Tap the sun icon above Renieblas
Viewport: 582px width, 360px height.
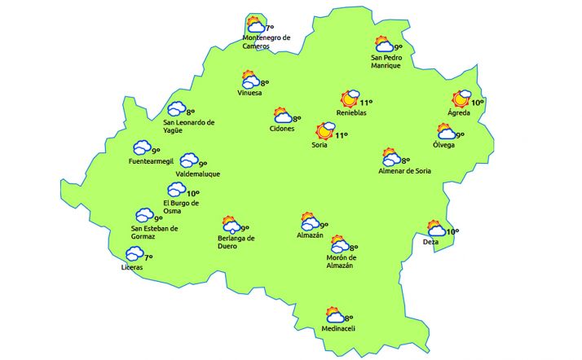pyautogui.click(x=351, y=99)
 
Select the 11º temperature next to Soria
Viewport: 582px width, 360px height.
pyautogui.click(x=341, y=135)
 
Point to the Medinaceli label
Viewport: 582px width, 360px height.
pyautogui.click(x=338, y=328)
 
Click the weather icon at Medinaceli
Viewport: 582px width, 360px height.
pyautogui.click(x=334, y=316)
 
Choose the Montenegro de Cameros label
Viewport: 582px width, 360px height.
pyautogui.click(x=267, y=42)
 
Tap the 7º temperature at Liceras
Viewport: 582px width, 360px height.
pyautogui.click(x=148, y=257)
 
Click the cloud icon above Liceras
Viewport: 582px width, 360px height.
pyautogui.click(x=134, y=254)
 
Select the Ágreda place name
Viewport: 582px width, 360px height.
pyautogui.click(x=459, y=112)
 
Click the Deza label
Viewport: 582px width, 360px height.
pyautogui.click(x=430, y=242)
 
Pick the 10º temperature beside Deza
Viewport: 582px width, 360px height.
pyautogui.click(x=452, y=232)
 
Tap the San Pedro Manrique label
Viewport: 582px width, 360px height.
pyautogui.click(x=386, y=61)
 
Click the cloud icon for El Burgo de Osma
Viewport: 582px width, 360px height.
pyautogui.click(x=176, y=190)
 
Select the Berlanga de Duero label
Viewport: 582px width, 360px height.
pyautogui.click(x=236, y=242)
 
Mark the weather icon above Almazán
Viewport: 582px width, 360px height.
pyautogui.click(x=309, y=222)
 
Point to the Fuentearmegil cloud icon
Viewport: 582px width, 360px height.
pyautogui.click(x=142, y=148)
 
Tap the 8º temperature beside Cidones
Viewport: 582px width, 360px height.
pyautogui.click(x=298, y=119)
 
